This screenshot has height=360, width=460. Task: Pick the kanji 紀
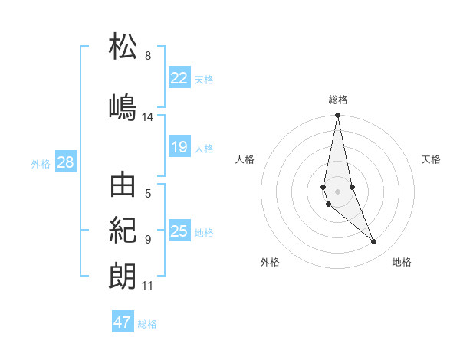click(x=123, y=230)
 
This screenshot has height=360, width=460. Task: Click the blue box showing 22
click(x=179, y=78)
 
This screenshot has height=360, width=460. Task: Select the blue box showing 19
click(x=179, y=147)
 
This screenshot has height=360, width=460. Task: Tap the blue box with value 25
click(x=179, y=231)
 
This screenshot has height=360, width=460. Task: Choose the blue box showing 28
click(x=65, y=163)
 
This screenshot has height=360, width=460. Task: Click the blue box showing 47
click(x=123, y=322)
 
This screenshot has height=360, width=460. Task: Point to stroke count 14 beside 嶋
click(x=148, y=117)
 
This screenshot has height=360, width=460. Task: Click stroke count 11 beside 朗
click(x=148, y=286)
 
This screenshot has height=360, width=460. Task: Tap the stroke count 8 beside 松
click(x=148, y=56)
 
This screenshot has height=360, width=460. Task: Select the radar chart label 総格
click(x=338, y=100)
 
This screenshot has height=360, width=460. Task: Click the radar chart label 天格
click(x=432, y=159)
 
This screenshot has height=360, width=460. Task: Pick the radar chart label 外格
click(x=270, y=262)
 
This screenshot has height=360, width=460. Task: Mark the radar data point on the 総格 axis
click(x=338, y=116)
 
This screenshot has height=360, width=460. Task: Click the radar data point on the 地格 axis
click(x=374, y=242)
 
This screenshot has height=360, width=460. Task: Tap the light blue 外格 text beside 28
click(x=41, y=164)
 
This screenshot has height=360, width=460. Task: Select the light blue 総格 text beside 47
click(x=147, y=324)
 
